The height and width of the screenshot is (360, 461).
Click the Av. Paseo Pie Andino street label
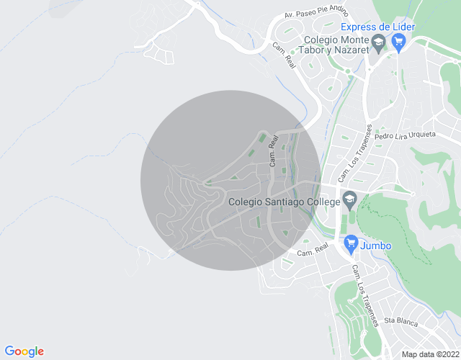pyautogui.click(x=318, y=12)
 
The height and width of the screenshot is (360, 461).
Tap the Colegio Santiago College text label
pyautogui.click(x=283, y=202)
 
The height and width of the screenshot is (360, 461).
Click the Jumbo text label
pyautogui.click(x=377, y=246)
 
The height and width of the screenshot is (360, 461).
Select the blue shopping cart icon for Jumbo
pyautogui.click(x=351, y=245)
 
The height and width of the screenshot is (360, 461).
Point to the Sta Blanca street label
pyautogui.click(x=400, y=321)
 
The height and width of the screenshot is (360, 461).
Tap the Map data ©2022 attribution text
pyautogui.click(x=429, y=354)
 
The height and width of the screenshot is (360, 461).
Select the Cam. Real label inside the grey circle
pyautogui.click(x=273, y=153)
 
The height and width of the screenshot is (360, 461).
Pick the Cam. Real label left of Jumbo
pyautogui.click(x=313, y=249)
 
